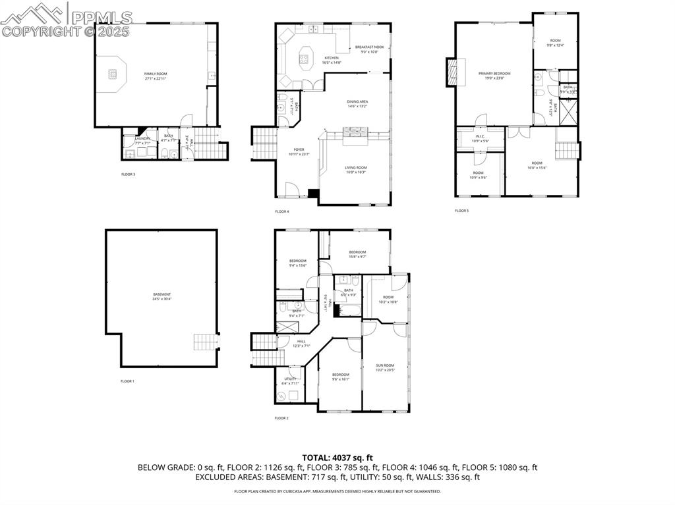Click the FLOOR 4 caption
[x=282, y=211]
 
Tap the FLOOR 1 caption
[x=127, y=381]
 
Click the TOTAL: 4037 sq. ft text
[x=337, y=458]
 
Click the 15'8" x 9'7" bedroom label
[x=357, y=254]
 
